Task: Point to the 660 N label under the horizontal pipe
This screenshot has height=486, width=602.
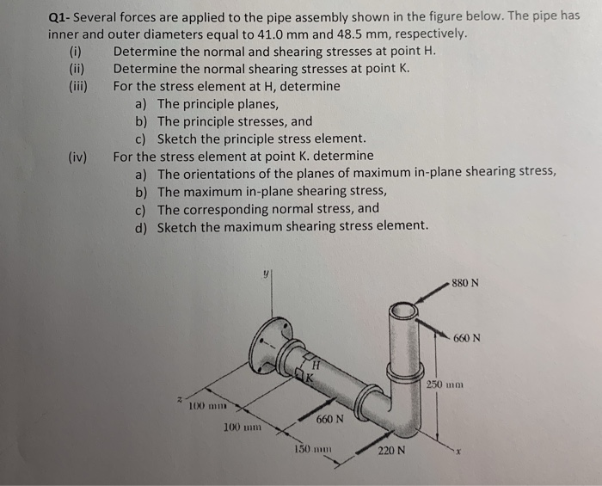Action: coord(329,419)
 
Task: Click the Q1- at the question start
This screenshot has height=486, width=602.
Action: coord(62,17)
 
